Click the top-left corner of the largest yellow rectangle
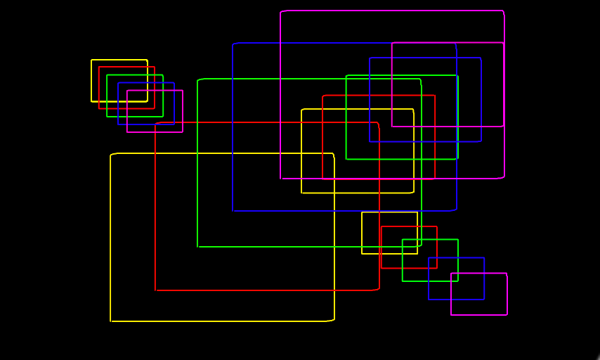point(111,154)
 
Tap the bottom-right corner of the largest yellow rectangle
point(334,321)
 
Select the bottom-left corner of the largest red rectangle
point(155,290)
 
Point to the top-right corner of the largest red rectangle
point(379,123)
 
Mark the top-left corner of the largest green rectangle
point(198,79)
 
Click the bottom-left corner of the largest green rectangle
point(198,247)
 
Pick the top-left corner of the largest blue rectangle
point(233,44)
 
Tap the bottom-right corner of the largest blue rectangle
point(456,210)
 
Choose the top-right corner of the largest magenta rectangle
point(504,11)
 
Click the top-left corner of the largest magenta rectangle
point(280,11)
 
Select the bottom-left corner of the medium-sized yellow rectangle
point(301,193)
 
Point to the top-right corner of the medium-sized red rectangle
point(434,96)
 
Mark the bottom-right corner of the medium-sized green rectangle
point(457,159)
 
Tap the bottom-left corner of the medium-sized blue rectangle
point(370,141)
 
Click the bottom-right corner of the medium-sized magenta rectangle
point(503,127)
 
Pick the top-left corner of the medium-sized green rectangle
point(346,75)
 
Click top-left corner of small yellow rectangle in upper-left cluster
point(91,60)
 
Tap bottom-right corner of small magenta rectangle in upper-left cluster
point(183,132)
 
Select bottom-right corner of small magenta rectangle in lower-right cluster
point(507,314)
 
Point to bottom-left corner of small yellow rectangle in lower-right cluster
point(362,253)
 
